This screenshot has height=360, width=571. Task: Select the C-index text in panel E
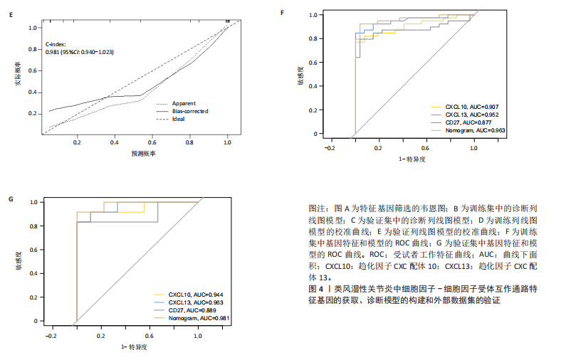(56, 44)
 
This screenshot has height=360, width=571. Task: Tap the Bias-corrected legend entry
(191, 111)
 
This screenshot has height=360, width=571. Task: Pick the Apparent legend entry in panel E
(184, 103)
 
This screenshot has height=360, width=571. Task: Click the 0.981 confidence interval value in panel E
(80, 52)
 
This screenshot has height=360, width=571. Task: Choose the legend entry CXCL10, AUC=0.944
(196, 294)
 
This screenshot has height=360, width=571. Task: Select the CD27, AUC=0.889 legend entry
(192, 310)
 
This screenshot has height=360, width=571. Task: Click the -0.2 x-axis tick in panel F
(329, 148)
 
